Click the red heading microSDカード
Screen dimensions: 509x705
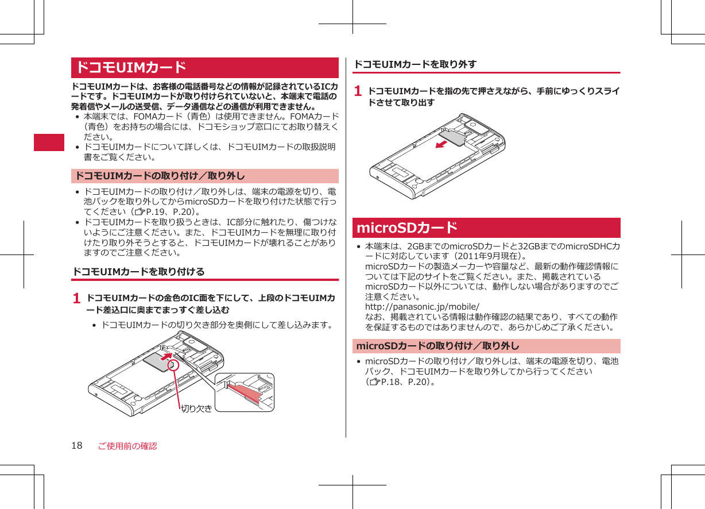(x=407, y=228)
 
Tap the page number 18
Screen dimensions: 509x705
(x=77, y=446)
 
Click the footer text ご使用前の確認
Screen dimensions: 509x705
(x=127, y=446)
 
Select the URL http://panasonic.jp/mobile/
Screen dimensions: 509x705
(x=422, y=307)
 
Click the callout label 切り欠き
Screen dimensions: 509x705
(x=196, y=408)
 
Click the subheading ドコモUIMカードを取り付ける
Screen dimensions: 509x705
(x=138, y=271)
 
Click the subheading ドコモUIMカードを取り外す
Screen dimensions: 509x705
(x=415, y=64)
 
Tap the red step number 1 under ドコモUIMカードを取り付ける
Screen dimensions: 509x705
(x=76, y=299)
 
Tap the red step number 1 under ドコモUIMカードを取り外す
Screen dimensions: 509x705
(x=358, y=91)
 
